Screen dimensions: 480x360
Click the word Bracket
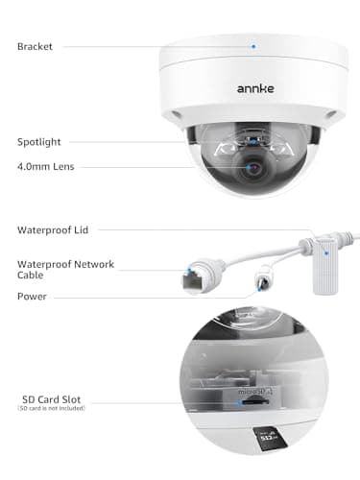(x=36, y=46)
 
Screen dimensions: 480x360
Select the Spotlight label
(x=40, y=141)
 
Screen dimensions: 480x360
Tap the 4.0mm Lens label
(x=47, y=166)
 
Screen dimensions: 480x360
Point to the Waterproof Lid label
(x=52, y=229)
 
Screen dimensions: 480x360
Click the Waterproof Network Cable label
(x=64, y=270)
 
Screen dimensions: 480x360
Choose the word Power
(x=32, y=297)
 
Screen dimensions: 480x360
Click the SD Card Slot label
(x=55, y=400)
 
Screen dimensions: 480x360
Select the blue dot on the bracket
(x=254, y=45)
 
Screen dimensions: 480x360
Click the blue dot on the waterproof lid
(x=326, y=253)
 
